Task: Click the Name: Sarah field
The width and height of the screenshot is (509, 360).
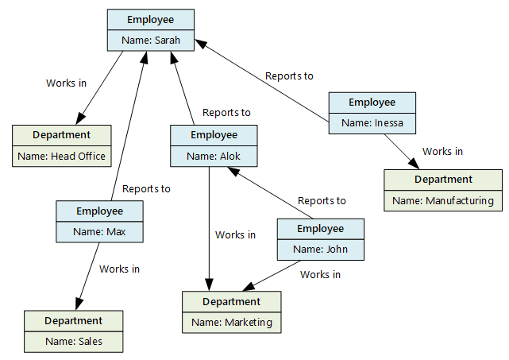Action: [151, 40]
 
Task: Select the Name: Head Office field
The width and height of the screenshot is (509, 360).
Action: [61, 156]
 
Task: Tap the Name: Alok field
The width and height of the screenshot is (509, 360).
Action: [214, 156]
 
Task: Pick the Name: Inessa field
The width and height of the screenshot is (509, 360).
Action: [372, 122]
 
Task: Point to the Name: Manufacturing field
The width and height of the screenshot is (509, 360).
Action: [443, 200]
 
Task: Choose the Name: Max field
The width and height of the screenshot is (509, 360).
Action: [99, 232]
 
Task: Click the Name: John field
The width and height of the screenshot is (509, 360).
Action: [320, 250]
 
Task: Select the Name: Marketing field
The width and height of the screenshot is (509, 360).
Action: [232, 322]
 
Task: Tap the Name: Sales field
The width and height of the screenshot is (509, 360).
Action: [74, 342]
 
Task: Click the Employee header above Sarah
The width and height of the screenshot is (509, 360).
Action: [151, 19]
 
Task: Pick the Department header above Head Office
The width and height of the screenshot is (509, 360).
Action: [61, 135]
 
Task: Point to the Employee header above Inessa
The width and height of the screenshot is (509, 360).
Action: [372, 103]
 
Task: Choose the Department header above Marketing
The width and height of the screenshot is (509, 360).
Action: [232, 301]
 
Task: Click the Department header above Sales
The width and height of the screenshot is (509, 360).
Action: [74, 321]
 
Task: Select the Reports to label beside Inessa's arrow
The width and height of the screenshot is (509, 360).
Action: [289, 76]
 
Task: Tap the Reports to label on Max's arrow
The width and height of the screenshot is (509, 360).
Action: [146, 189]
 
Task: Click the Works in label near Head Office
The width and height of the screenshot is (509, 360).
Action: [67, 83]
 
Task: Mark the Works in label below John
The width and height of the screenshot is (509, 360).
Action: [320, 275]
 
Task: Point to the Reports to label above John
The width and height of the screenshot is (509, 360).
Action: [322, 201]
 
